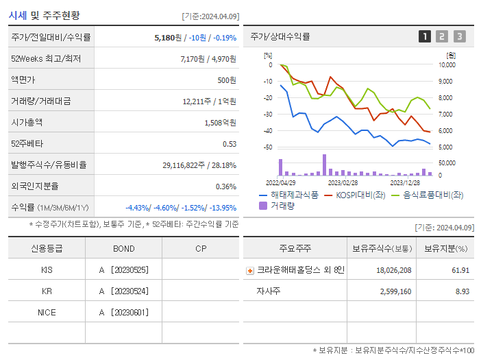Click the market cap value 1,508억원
coord(220,122)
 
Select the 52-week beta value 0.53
coord(229,143)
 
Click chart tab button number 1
coord(425,36)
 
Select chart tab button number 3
coord(459,36)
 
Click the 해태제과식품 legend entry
coord(288,195)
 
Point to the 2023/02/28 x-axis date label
coord(343,182)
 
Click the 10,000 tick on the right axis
coord(446,65)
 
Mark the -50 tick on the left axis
coord(269,147)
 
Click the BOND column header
coord(123,248)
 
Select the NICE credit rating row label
coord(47,312)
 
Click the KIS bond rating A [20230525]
coord(123,269)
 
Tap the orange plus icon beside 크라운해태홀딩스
coord(250,270)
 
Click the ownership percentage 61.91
coord(460,270)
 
